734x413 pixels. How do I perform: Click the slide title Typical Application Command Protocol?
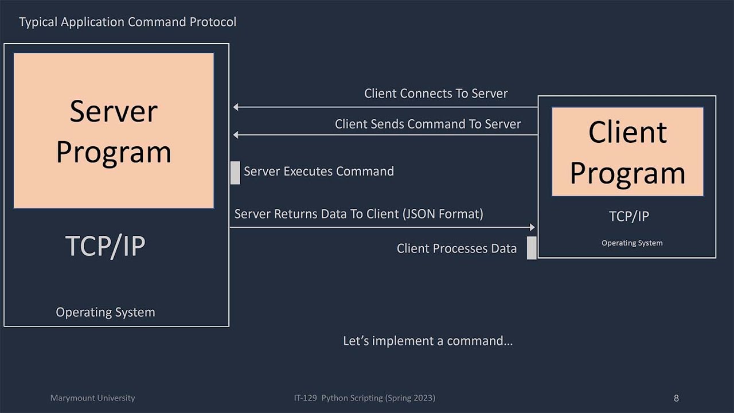127,22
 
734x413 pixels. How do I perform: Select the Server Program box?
114,131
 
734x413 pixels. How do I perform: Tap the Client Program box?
627,152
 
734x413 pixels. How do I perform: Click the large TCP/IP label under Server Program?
106,246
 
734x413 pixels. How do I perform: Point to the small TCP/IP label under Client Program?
628,216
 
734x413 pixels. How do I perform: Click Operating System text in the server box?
105,313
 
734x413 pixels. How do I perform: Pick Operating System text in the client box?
631,243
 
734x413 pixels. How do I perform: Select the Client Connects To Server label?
436,93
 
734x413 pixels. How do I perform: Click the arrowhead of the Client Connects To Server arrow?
236,107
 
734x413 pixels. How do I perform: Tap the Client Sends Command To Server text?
428,124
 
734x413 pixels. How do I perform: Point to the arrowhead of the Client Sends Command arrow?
236,135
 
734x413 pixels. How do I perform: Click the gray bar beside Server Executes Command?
235,173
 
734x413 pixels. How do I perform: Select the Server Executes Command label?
319,172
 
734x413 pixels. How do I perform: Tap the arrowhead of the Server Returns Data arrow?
532,228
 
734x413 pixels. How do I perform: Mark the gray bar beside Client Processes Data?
532,248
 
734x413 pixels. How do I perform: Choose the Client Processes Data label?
456,249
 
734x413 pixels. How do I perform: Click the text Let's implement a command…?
427,341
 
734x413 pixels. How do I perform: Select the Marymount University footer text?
92,398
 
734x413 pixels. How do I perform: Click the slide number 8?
676,398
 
